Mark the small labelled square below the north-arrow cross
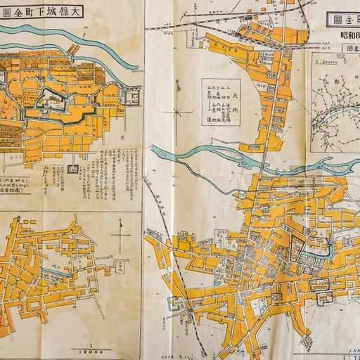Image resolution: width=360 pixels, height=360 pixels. [x=119, y=266]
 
